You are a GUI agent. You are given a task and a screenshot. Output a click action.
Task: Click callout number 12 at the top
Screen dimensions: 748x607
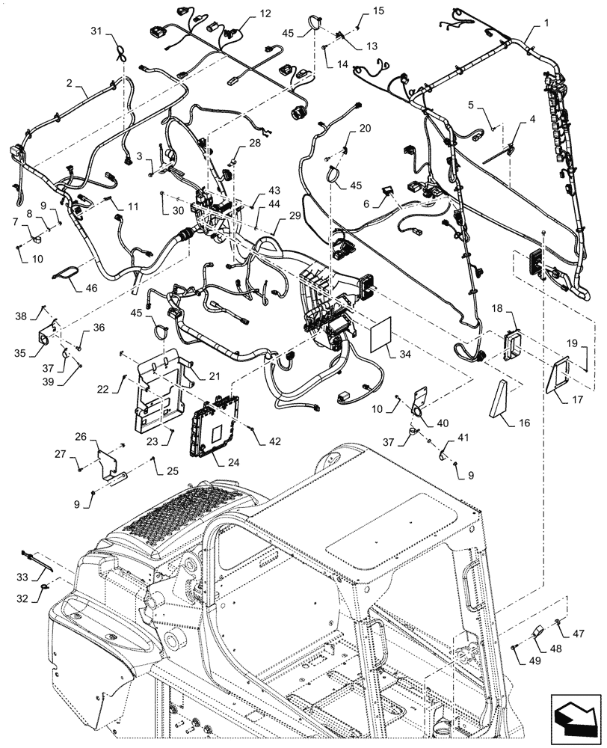coord(245,13)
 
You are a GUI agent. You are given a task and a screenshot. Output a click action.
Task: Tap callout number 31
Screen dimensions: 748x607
coord(96,31)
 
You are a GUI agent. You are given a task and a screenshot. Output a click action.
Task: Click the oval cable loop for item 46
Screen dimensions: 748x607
coord(70,274)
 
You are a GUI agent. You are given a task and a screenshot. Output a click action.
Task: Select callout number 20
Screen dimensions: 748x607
coord(364,129)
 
